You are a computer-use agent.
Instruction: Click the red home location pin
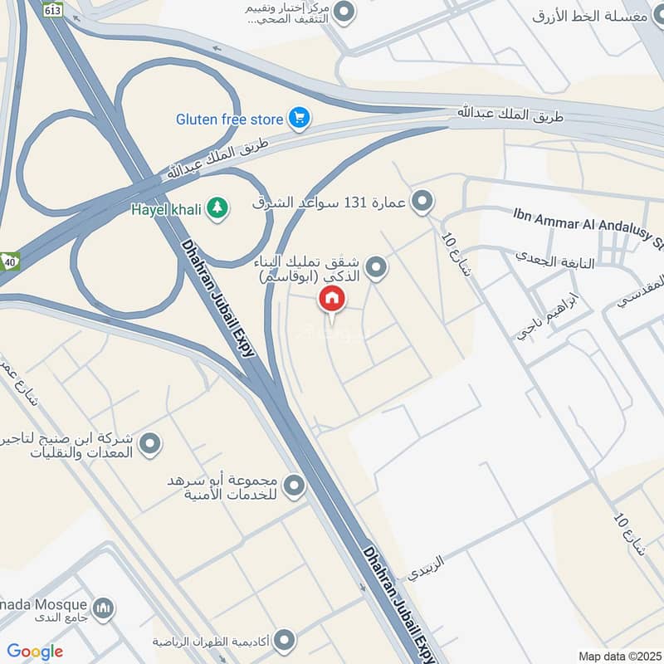point(332,299)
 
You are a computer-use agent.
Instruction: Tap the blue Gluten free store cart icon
point(299,119)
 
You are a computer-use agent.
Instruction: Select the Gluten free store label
point(230,119)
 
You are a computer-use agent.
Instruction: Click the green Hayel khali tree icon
point(217,207)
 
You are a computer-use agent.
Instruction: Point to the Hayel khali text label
point(166,209)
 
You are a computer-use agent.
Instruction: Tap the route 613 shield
point(53,10)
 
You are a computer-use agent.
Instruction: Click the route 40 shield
point(9,259)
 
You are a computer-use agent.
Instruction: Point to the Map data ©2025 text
point(618,656)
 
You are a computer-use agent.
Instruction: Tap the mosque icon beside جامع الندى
point(103,609)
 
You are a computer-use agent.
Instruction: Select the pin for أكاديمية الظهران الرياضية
point(284,641)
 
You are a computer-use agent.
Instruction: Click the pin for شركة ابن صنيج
point(149,445)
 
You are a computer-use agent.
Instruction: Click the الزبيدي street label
point(426,568)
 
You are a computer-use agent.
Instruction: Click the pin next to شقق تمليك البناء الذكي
point(377,267)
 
